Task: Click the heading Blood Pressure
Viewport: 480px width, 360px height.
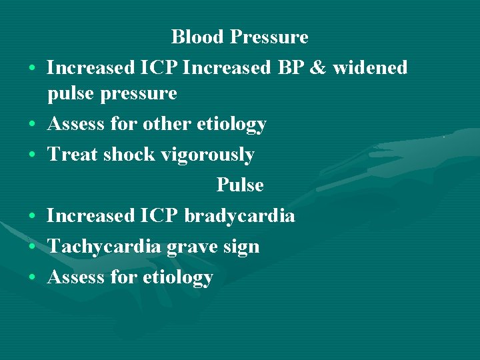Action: pyautogui.click(x=239, y=37)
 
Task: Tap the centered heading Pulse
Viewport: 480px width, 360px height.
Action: pyautogui.click(x=240, y=185)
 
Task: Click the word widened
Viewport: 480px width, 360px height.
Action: pyautogui.click(x=374, y=67)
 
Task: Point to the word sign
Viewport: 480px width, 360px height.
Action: pyautogui.click(x=242, y=247)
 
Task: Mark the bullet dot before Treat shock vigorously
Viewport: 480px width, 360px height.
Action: pyautogui.click(x=32, y=155)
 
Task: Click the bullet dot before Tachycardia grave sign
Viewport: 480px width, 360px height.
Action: pyautogui.click(x=32, y=247)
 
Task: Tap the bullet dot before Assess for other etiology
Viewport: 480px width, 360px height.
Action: pyautogui.click(x=32, y=125)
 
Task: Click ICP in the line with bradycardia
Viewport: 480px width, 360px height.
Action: pyautogui.click(x=159, y=216)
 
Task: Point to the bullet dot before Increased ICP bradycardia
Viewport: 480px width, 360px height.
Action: pyautogui.click(x=32, y=217)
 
